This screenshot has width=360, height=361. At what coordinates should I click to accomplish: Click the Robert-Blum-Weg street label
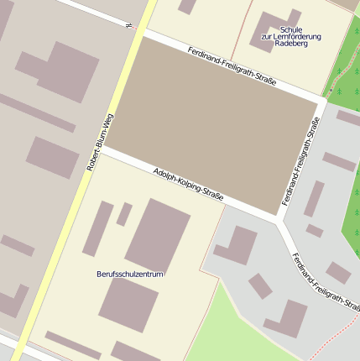click(100, 143)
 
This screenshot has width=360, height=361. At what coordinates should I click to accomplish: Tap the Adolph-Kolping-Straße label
click(189, 184)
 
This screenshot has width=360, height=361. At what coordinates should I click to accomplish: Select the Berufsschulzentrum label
click(130, 274)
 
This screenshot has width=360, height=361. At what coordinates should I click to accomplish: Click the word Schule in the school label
click(291, 29)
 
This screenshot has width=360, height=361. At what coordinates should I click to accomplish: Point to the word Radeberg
click(291, 44)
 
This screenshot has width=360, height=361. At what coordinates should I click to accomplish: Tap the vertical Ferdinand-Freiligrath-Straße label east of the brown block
click(301, 162)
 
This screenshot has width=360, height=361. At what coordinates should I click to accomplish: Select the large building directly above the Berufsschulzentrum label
click(157, 234)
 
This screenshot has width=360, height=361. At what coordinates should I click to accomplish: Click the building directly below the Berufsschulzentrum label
click(128, 303)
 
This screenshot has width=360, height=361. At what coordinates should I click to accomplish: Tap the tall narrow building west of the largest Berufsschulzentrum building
click(98, 228)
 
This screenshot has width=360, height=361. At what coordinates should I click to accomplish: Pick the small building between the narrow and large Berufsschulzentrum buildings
click(124, 214)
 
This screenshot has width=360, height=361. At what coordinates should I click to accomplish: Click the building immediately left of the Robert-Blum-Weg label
click(52, 157)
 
